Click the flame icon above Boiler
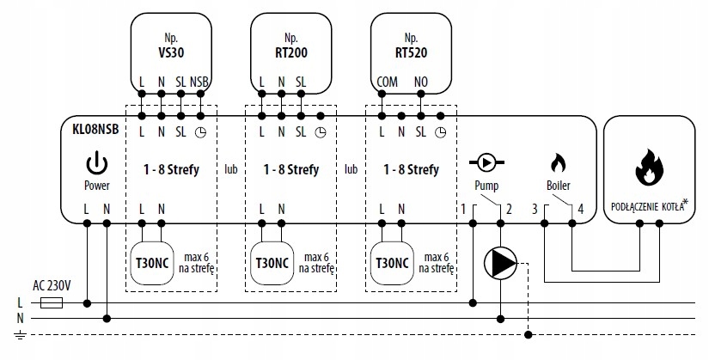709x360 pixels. tap(557, 162)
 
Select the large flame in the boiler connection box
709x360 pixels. tap(649, 166)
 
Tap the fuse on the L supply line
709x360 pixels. tap(52, 302)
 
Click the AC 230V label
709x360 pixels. tap(51, 285)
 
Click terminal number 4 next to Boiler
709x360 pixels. tap(582, 209)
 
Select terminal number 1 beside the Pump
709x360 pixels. tap(463, 209)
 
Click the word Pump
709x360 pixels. tap(486, 186)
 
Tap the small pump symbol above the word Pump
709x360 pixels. tap(486, 161)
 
